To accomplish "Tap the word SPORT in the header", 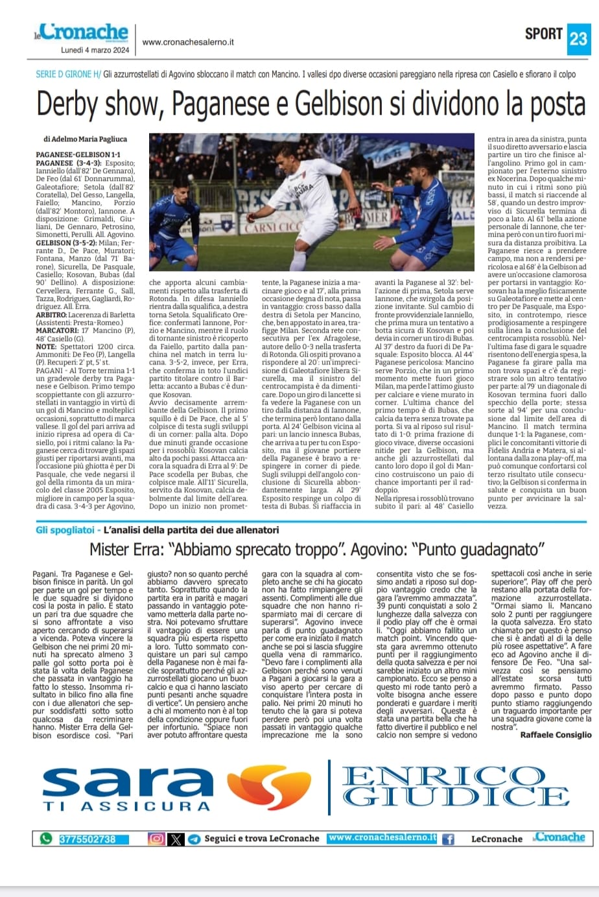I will pyautogui.click(x=543, y=34).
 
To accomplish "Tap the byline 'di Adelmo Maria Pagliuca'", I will pyautogui.click(x=85, y=139).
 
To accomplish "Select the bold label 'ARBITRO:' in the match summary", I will pyautogui.click(x=54, y=313).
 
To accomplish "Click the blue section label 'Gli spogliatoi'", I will pyautogui.click(x=65, y=530).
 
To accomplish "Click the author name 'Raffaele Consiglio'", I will pyautogui.click(x=556, y=735).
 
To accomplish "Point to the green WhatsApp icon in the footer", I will pyautogui.click(x=45, y=839).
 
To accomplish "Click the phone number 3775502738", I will pyautogui.click(x=87, y=839).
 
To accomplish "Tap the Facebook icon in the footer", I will pyautogui.click(x=448, y=839).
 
